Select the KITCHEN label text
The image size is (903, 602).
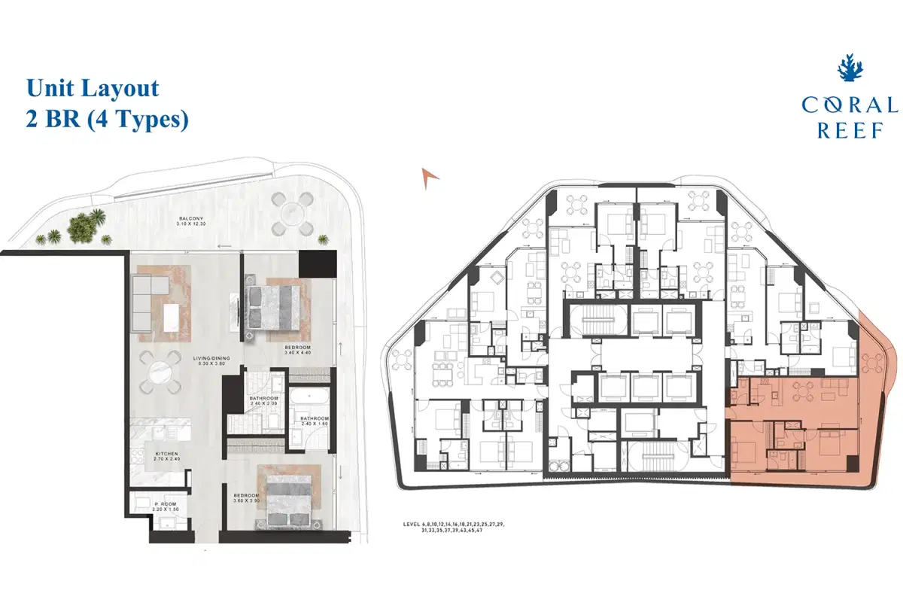166,454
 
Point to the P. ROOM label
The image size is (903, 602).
166,504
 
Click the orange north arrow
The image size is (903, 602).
430,177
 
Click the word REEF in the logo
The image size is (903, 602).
850,130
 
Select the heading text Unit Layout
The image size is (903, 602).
93,88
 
